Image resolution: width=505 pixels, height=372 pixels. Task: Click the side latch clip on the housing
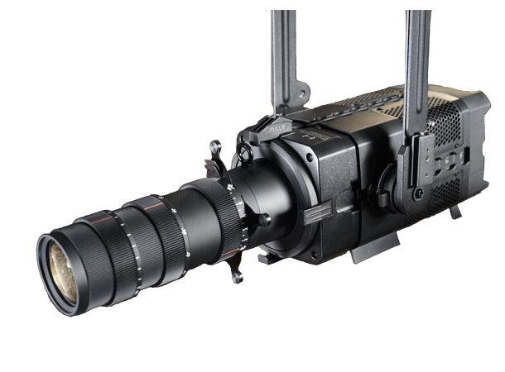(x=316, y=217)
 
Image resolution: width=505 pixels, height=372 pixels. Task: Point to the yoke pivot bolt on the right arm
(x=420, y=193)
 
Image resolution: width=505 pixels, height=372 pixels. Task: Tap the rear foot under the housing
(x=454, y=212)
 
